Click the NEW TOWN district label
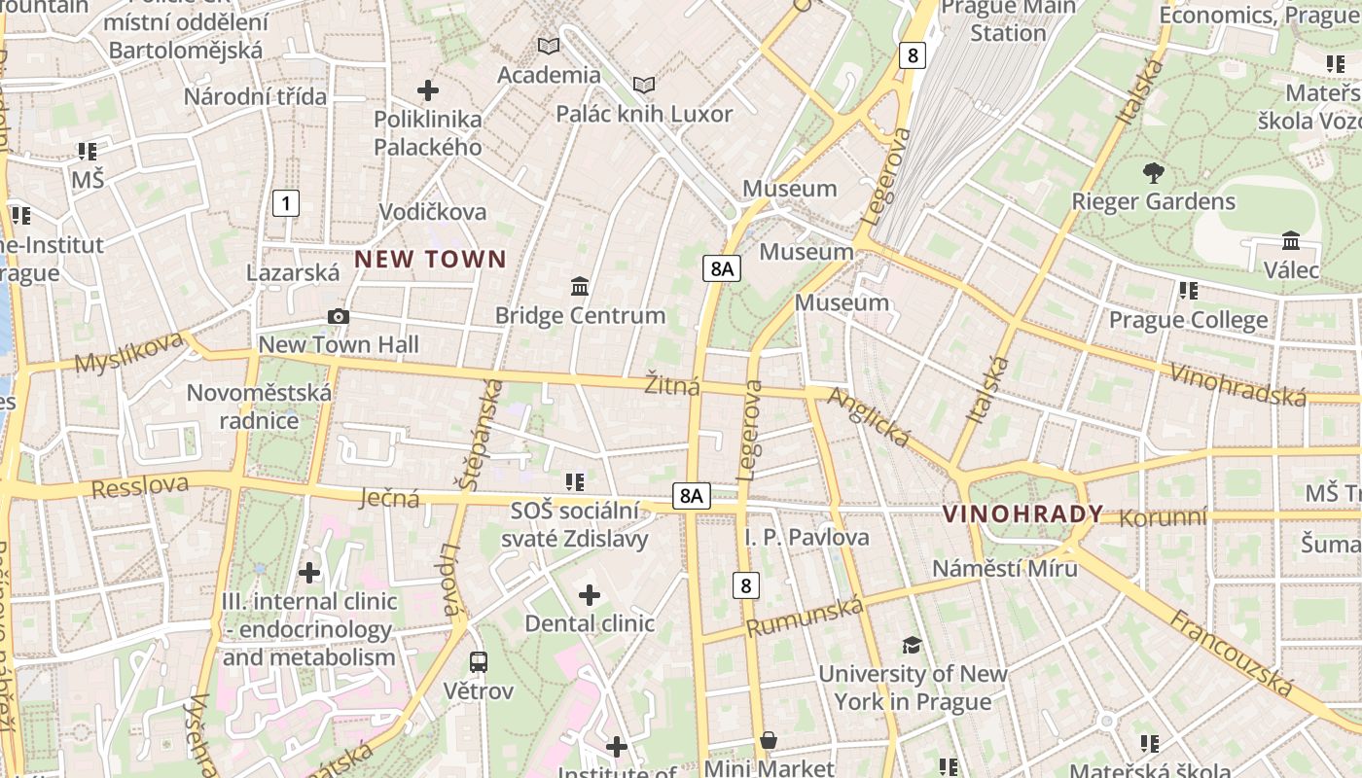(x=430, y=259)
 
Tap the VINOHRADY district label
(x=1022, y=513)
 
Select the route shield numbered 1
(x=285, y=203)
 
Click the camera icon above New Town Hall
(x=339, y=316)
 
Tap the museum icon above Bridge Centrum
(x=580, y=286)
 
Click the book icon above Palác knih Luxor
(x=644, y=85)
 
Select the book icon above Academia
(x=549, y=46)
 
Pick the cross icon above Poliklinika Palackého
(x=428, y=90)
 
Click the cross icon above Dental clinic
(x=590, y=594)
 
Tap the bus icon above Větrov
(x=478, y=662)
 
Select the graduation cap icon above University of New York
(x=912, y=645)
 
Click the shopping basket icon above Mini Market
(x=769, y=741)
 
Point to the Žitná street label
(x=672, y=385)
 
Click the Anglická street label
(x=869, y=417)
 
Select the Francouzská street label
(x=1233, y=653)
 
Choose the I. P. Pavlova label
(x=806, y=537)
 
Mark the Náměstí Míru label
(x=1005, y=568)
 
